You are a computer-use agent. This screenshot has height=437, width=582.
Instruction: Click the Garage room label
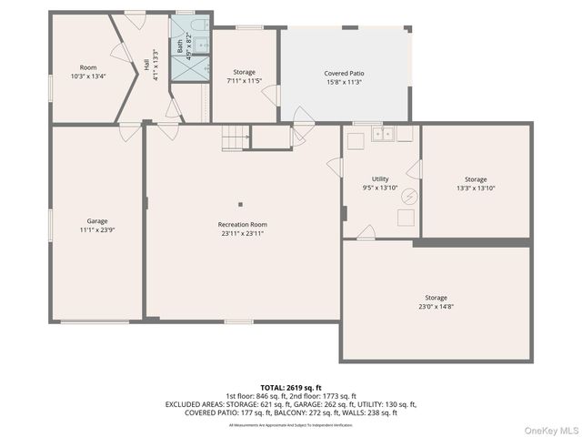96,221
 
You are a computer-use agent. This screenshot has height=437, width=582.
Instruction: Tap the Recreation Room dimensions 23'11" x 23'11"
242,233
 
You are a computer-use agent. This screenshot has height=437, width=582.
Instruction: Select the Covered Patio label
344,73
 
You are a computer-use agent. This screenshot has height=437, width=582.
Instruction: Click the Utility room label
380,179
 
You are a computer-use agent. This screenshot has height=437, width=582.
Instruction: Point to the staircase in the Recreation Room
236,138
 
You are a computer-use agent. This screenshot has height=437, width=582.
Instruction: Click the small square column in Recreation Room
241,204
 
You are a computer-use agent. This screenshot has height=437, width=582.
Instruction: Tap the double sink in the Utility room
383,135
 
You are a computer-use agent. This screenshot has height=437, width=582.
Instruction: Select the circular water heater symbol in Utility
409,196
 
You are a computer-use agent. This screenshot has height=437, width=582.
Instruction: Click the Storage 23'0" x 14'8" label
436,298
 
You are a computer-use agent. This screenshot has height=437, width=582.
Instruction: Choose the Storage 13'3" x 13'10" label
475,179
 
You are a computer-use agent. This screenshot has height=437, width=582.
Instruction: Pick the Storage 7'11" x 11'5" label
244,72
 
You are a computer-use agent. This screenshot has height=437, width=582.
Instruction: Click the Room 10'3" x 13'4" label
88,67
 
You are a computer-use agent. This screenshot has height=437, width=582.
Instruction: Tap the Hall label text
146,65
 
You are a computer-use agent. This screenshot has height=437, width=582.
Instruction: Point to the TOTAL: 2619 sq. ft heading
291,387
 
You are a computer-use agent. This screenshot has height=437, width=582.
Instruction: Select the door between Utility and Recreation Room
335,167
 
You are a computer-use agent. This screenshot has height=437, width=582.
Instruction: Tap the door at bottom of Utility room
365,233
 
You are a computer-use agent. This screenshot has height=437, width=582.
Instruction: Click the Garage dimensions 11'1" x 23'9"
96,230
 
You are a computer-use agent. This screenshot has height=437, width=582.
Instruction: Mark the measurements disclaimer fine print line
291,425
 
